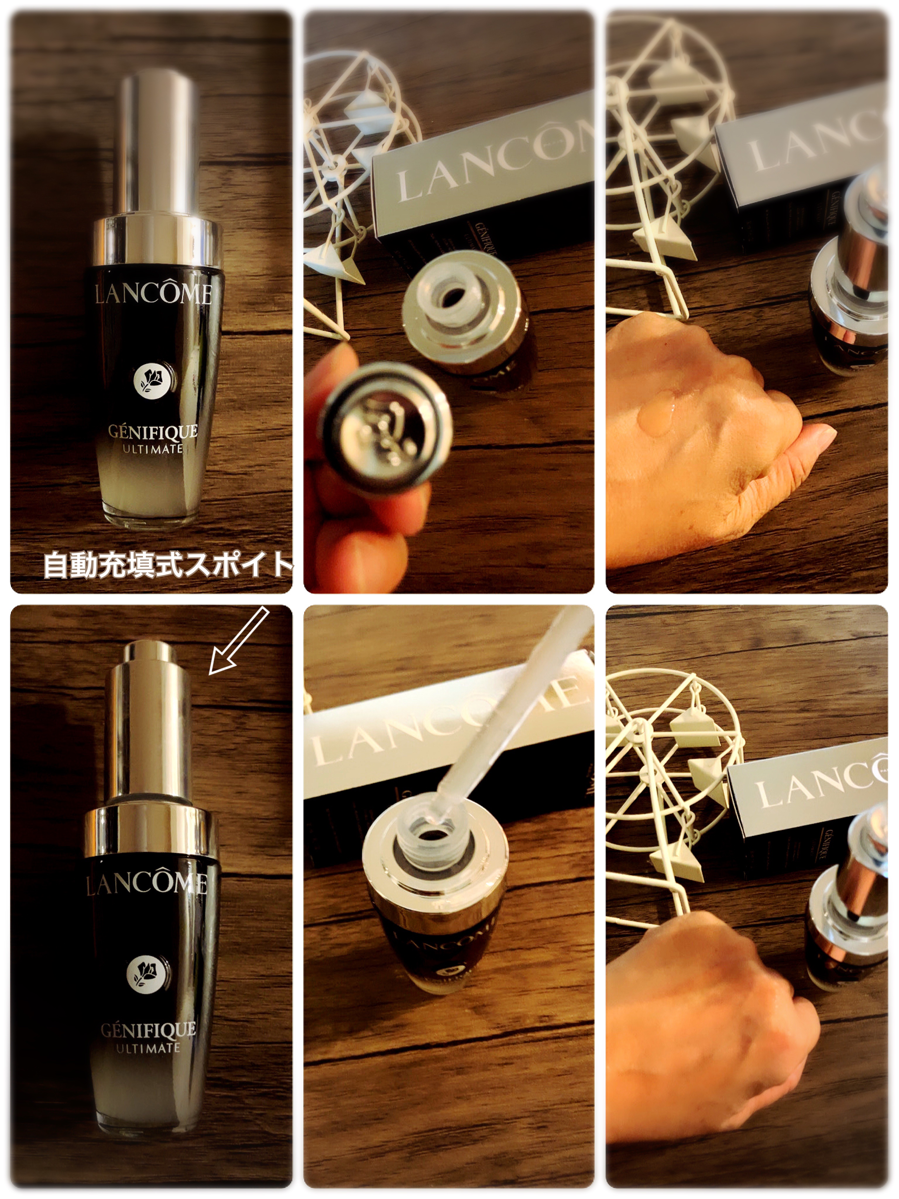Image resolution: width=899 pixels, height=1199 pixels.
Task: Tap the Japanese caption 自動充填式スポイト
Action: (167, 565)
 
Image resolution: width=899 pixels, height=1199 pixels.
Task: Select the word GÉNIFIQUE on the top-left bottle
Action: (153, 432)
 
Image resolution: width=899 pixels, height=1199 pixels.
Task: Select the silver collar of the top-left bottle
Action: (157, 241)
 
